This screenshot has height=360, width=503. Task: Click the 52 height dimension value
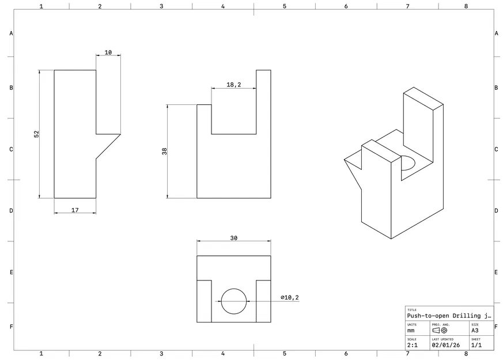click(36, 134)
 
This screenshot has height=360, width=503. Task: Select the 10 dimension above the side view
click(108, 52)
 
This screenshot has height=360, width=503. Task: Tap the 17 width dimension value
click(75, 210)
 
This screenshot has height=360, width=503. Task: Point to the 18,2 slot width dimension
click(234, 85)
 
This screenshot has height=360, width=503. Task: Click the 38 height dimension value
click(165, 151)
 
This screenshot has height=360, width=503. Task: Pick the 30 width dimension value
click(234, 238)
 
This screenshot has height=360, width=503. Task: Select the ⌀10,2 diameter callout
click(290, 297)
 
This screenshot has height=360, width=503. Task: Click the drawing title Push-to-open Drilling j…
click(449, 316)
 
